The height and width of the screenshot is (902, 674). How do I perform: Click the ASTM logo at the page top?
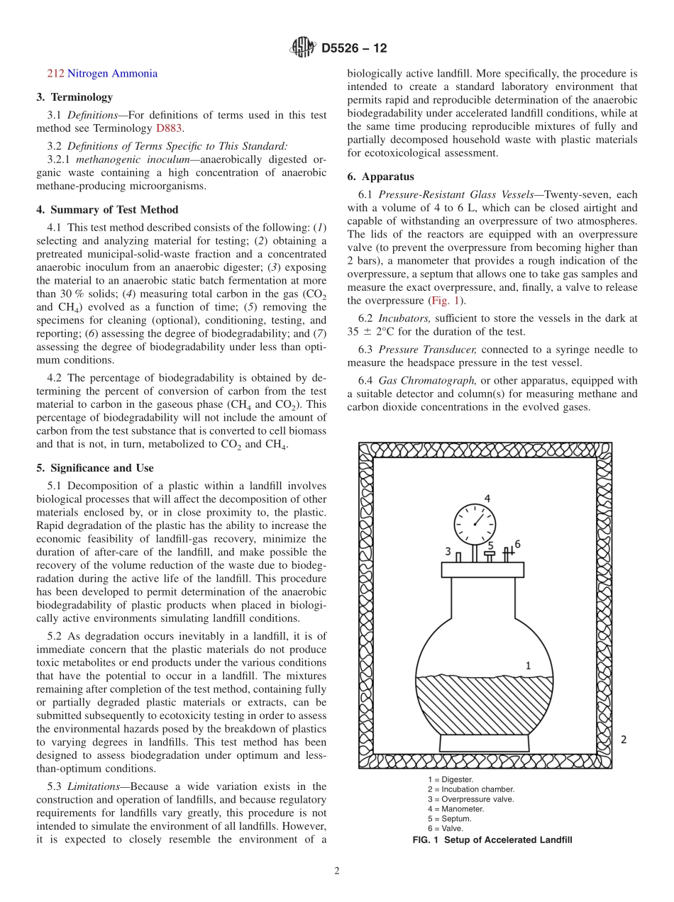(x=302, y=48)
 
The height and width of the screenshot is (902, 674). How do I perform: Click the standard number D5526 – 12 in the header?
(x=354, y=49)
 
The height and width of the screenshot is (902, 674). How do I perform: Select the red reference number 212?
(x=55, y=74)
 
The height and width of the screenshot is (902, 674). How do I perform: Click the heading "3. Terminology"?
(x=74, y=97)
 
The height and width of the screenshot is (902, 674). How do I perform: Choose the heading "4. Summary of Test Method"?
(x=107, y=210)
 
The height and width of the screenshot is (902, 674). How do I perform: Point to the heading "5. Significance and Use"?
(x=95, y=468)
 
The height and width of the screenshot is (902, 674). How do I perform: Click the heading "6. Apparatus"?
(x=381, y=177)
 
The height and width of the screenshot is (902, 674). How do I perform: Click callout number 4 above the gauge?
(x=487, y=497)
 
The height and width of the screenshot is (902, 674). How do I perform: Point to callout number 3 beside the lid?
(x=448, y=551)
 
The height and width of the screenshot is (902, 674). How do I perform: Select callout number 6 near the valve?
(x=517, y=544)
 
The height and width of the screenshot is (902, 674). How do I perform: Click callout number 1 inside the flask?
(x=528, y=665)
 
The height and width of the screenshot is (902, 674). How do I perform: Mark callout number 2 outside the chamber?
(x=624, y=740)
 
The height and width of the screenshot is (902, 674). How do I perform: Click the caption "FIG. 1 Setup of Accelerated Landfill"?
(x=492, y=840)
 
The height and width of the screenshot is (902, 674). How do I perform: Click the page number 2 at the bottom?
(x=337, y=872)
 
